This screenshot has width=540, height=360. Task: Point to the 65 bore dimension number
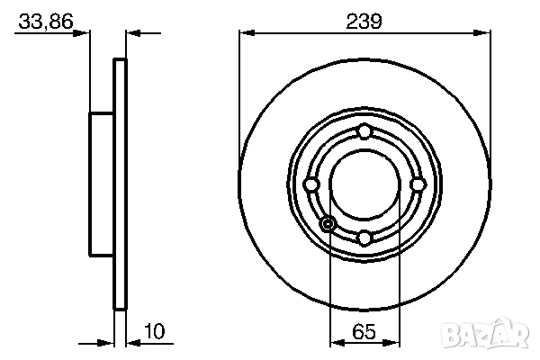[x=364, y=332]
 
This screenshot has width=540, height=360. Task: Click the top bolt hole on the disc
[x=364, y=132]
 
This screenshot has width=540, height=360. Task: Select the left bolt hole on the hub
[x=311, y=184]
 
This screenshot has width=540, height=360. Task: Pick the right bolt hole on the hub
[x=417, y=184]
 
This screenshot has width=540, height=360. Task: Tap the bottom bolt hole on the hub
[x=364, y=238]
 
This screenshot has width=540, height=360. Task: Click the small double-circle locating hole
[x=328, y=223]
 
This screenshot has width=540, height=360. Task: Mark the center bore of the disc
[x=364, y=184]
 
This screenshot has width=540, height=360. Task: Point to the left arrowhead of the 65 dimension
[x=337, y=343]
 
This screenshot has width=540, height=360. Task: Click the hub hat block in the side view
[x=102, y=184]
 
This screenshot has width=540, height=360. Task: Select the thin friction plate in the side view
[x=120, y=184]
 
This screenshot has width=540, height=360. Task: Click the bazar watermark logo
[x=500, y=338]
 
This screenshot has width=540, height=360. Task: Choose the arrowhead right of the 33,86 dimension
[x=131, y=34]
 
